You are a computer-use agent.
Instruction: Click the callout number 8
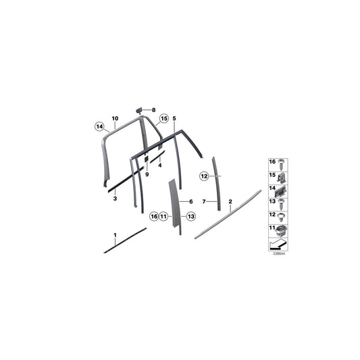pos(153,109)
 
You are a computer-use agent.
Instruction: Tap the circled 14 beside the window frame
pos(99,126)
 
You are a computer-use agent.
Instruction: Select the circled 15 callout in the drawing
pos(163,119)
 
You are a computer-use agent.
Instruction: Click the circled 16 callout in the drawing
pos(154,216)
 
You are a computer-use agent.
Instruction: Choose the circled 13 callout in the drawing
pos(191,216)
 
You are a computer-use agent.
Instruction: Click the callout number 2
pos(230,201)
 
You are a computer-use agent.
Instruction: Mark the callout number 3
pos(115,199)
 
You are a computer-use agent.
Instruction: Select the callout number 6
pos(190,201)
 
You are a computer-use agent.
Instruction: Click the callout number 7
pos(204,201)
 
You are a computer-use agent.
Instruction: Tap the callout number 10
pos(115,117)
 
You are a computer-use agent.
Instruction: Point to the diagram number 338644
pos(278,255)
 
